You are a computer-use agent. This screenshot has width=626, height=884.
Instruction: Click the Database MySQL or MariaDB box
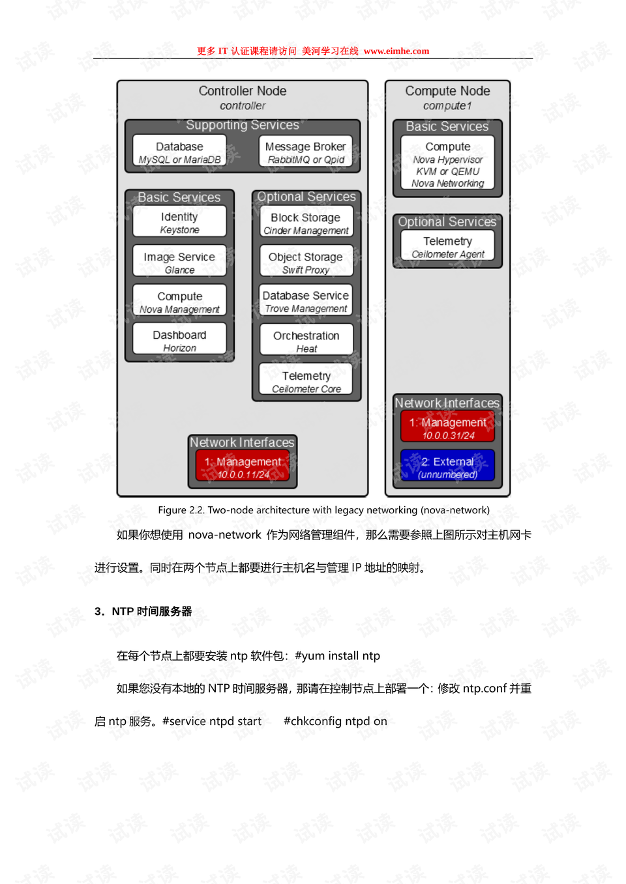click(x=179, y=150)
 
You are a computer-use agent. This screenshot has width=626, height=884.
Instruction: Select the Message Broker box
click(x=305, y=150)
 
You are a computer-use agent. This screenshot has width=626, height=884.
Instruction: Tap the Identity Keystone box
click(x=179, y=221)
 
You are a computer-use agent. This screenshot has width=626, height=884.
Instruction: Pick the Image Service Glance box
click(x=179, y=261)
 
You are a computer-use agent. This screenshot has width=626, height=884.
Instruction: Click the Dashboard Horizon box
click(x=179, y=339)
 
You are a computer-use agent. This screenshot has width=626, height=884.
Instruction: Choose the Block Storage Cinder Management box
click(x=306, y=221)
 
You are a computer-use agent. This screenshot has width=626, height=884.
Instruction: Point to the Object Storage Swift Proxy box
click(x=306, y=261)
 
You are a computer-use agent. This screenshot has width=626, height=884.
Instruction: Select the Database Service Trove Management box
click(x=306, y=300)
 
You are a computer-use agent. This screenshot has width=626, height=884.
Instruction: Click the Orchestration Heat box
click(x=306, y=339)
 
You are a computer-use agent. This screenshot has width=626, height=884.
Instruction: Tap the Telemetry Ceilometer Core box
click(x=306, y=379)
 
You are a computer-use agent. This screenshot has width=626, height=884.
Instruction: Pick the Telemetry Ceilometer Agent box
click(x=447, y=245)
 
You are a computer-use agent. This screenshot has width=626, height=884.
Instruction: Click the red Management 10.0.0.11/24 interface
click(x=243, y=466)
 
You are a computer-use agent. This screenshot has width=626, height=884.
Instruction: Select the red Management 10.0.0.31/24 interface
click(x=447, y=426)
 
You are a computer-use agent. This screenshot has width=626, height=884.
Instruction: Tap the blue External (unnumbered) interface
click(x=447, y=465)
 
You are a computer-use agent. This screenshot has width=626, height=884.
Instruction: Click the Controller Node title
click(x=243, y=91)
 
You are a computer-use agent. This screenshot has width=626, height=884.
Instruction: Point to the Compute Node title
click(x=447, y=91)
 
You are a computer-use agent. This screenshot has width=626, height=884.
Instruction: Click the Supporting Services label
click(x=243, y=124)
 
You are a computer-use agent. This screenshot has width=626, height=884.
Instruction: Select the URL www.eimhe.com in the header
click(x=396, y=51)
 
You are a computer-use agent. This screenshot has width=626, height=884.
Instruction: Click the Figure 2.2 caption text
click(x=323, y=510)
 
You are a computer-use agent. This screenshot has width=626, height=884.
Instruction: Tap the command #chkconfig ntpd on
click(x=335, y=721)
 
